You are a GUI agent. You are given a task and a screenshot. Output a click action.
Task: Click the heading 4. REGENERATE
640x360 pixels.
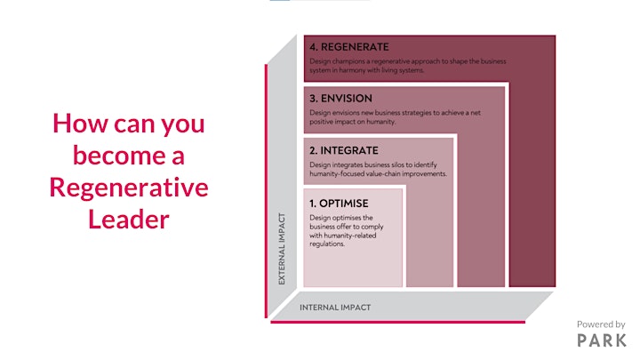[349, 47]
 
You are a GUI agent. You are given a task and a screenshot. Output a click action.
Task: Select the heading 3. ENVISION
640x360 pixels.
[340, 99]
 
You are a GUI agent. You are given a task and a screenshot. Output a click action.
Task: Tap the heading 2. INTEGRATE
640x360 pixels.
[344, 150]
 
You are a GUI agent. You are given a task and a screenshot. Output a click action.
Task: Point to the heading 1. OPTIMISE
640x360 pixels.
[339, 204]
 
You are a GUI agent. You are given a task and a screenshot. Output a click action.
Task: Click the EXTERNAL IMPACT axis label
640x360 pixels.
[282, 249]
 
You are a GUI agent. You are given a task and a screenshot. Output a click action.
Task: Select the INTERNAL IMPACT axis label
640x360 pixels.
[335, 308]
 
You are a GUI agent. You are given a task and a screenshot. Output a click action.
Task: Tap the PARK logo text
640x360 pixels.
[602, 340]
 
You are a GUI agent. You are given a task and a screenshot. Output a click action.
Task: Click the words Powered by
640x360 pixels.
[601, 324]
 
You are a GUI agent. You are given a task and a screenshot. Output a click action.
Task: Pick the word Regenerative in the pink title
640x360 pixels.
[129, 188]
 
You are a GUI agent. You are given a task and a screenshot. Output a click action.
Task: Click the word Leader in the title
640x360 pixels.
[129, 220]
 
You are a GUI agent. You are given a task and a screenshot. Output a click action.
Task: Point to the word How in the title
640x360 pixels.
[80, 124]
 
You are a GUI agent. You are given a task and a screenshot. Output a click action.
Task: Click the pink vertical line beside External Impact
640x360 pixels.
[266, 191]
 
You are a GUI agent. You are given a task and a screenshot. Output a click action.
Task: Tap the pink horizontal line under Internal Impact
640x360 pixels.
[397, 322]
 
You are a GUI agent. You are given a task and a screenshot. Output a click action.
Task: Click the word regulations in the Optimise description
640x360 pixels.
[327, 244]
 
